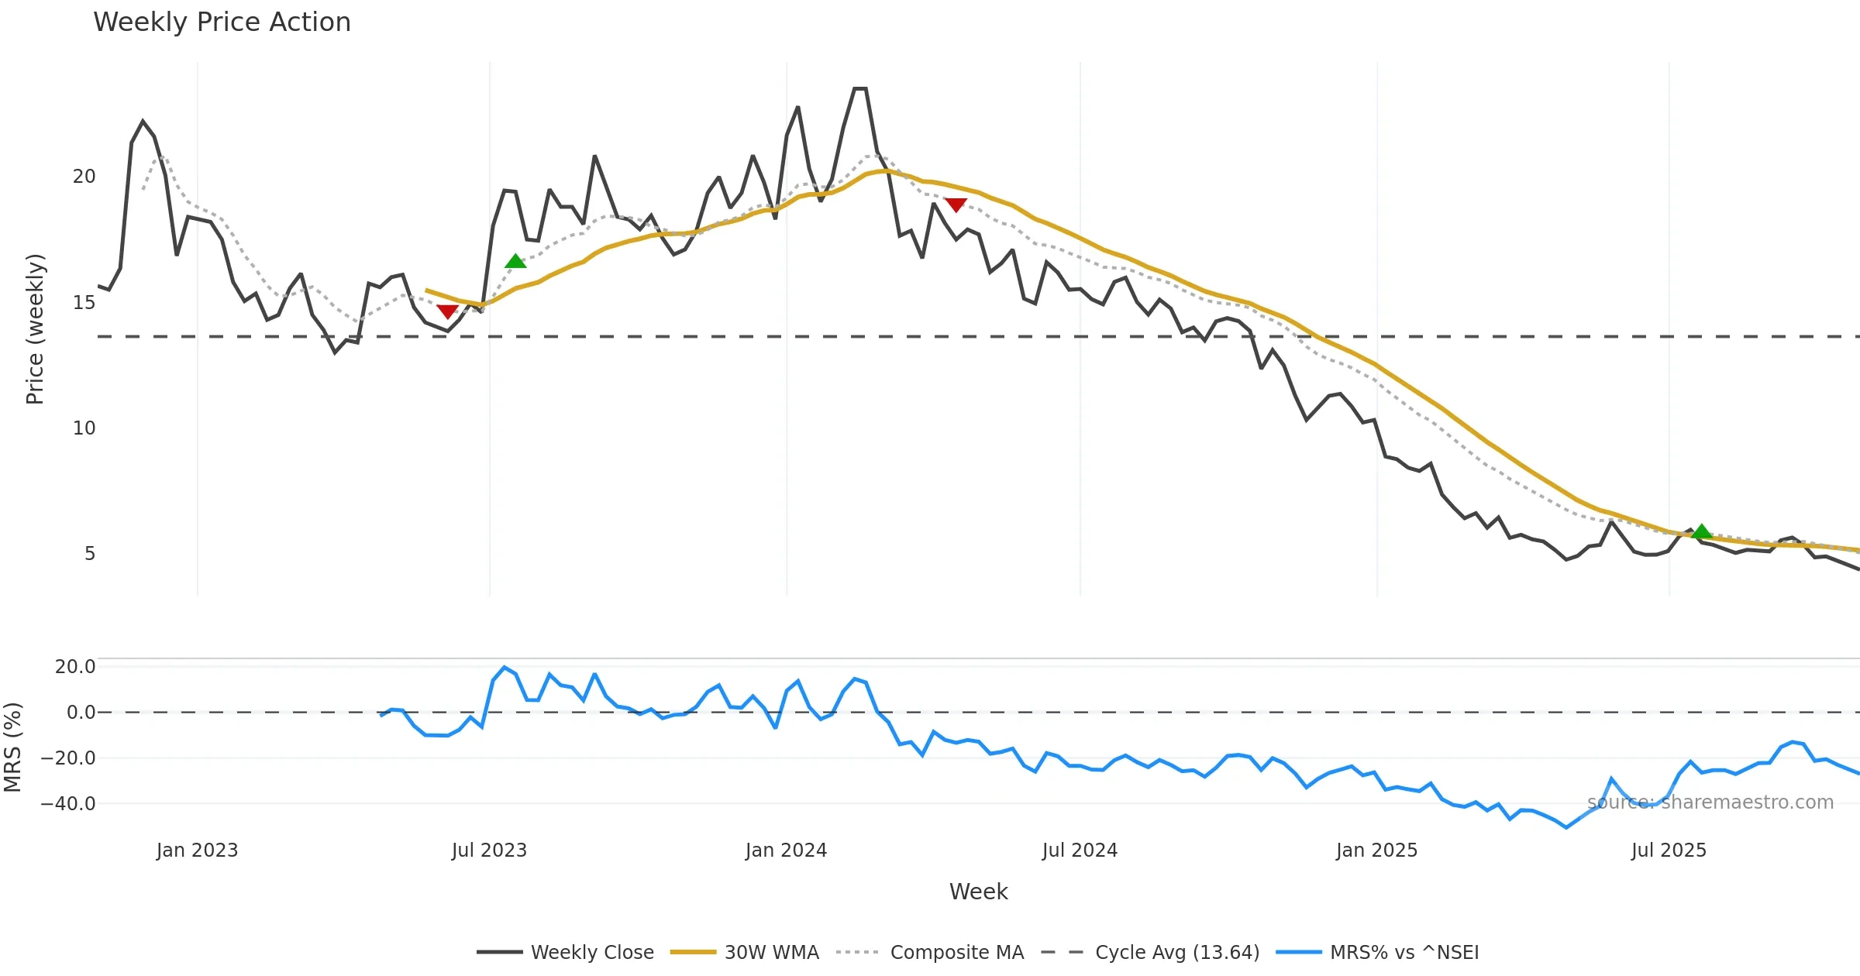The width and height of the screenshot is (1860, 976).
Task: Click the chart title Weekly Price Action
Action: (x=222, y=22)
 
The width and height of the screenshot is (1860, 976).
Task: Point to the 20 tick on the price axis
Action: (x=84, y=177)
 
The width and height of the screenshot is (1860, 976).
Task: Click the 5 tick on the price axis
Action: (x=90, y=554)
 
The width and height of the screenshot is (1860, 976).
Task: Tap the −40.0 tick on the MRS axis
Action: (x=68, y=804)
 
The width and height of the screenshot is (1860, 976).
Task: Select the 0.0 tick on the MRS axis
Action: (x=81, y=713)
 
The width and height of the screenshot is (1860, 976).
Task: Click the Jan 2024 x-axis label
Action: (x=786, y=851)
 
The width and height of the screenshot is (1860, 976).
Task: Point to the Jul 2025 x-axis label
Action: (x=1669, y=851)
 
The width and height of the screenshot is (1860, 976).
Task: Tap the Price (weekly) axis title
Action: (x=35, y=329)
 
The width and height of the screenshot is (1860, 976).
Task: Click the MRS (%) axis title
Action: (x=12, y=747)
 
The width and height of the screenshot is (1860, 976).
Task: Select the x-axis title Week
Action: (x=978, y=892)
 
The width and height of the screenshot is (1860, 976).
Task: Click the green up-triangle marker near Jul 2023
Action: (x=515, y=262)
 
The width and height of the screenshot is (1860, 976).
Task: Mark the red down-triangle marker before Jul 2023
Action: (x=447, y=311)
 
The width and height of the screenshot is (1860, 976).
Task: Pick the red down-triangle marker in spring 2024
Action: (x=956, y=204)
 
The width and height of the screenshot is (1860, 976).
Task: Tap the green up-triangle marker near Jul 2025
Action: (x=1701, y=531)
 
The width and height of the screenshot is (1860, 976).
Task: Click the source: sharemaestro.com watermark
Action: (x=1710, y=802)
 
